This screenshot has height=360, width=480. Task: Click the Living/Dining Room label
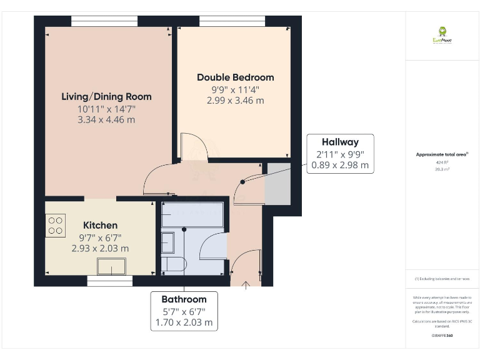(106, 96)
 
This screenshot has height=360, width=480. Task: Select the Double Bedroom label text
(235, 77)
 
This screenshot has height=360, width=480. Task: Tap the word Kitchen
(100, 225)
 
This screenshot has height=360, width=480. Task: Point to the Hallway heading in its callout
(340, 142)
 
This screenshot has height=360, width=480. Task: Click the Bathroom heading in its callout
(184, 299)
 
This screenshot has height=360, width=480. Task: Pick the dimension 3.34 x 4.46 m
(106, 119)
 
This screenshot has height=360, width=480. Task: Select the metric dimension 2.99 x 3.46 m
(235, 100)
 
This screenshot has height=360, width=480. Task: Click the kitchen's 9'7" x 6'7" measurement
(100, 237)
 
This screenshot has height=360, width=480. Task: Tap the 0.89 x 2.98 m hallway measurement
(340, 166)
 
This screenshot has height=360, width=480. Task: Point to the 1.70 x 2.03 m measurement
(184, 323)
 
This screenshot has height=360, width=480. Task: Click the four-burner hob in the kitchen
(55, 225)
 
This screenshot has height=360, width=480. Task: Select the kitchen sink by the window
(111, 267)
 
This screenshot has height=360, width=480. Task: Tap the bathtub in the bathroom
(192, 214)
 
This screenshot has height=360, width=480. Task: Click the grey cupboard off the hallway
(277, 183)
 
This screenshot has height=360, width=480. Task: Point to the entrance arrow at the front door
(246, 286)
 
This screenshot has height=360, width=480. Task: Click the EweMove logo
(442, 35)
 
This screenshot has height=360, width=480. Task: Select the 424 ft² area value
(442, 162)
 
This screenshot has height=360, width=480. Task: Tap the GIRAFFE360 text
(442, 336)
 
